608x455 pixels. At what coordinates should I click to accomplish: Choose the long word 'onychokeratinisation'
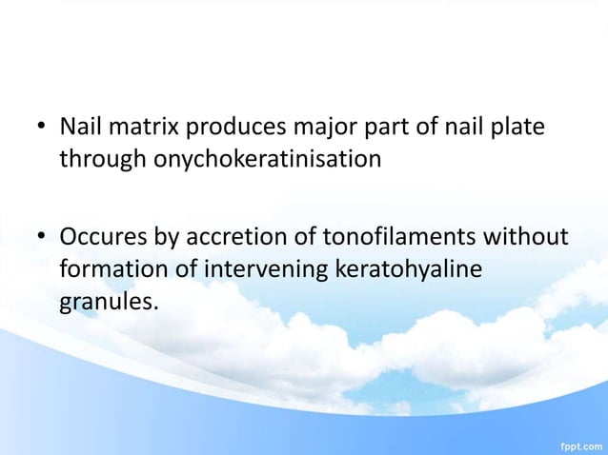point(268,159)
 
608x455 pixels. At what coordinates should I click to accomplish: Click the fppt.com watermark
point(580,445)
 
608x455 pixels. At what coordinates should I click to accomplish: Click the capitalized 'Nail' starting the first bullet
point(81,127)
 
